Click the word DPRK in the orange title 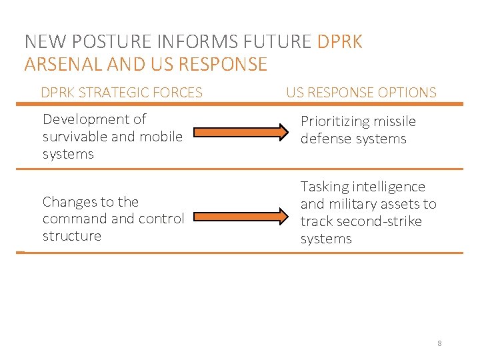pyautogui.click(x=340, y=42)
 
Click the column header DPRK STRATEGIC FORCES pyautogui.click(x=121, y=93)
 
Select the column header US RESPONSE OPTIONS pyautogui.click(x=361, y=93)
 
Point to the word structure pyautogui.click(x=71, y=236)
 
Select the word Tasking pyautogui.click(x=325, y=187)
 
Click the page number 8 pyautogui.click(x=439, y=343)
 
